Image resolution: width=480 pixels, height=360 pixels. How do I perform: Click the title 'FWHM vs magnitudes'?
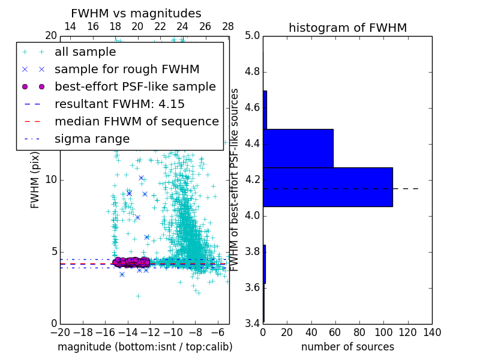pyautogui.click(x=136, y=13)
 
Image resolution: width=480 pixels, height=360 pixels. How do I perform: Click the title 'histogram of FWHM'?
pyautogui.click(x=347, y=28)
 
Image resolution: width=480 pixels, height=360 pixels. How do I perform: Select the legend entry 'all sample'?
pyautogui.click(x=85, y=52)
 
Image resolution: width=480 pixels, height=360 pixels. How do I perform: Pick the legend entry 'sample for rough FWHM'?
pyautogui.click(x=127, y=70)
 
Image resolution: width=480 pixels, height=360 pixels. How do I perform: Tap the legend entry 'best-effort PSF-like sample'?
pyautogui.click(x=135, y=87)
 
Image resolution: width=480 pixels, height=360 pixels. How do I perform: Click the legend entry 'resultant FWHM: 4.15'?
pyautogui.click(x=119, y=104)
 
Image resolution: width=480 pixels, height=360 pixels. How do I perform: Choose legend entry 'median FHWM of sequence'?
pyautogui.click(x=136, y=122)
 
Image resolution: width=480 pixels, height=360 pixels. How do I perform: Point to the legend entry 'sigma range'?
pyautogui.click(x=92, y=139)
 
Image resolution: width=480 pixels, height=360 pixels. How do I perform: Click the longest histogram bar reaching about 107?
pyautogui.click(x=328, y=187)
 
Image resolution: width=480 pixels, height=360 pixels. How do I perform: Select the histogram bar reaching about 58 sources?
pyautogui.click(x=298, y=148)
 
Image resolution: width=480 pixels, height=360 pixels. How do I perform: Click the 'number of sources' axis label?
pyautogui.click(x=347, y=347)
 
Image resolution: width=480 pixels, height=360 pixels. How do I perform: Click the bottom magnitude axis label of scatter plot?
pyautogui.click(x=145, y=347)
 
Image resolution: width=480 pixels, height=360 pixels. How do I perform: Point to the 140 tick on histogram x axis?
pyautogui.click(x=432, y=332)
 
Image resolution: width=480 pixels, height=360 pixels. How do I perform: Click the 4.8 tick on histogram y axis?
pyautogui.click(x=253, y=71)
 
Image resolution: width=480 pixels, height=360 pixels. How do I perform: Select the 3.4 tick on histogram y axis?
pyautogui.click(x=253, y=323)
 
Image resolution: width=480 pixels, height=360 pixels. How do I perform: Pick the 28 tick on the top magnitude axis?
pyautogui.click(x=228, y=27)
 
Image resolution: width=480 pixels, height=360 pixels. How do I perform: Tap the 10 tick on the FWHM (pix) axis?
pyautogui.click(x=50, y=179)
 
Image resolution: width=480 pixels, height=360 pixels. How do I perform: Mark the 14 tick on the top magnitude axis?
pyautogui.click(x=70, y=27)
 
